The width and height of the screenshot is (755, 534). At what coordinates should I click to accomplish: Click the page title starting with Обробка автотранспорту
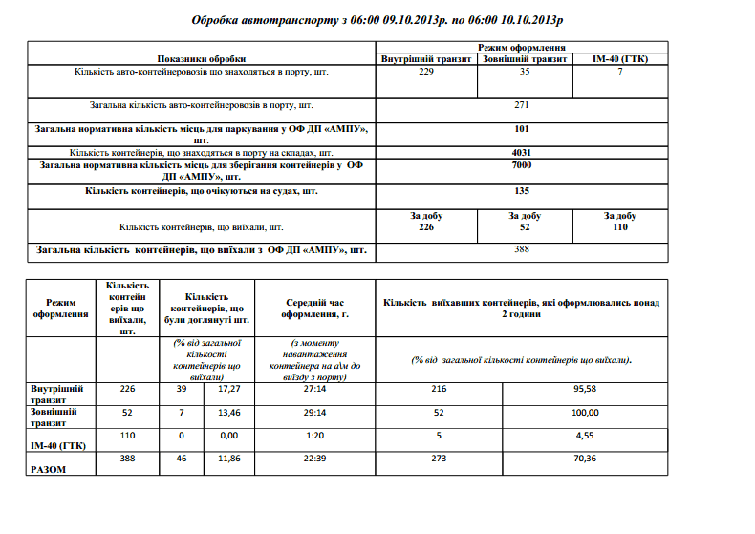(377, 19)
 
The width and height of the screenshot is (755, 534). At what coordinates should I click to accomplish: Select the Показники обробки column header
(202, 59)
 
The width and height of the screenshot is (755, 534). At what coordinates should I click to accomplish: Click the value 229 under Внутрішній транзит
(426, 72)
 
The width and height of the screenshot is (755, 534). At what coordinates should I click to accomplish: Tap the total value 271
(522, 105)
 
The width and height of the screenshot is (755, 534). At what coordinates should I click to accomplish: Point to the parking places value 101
(522, 129)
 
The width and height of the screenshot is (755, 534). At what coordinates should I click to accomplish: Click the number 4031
(522, 152)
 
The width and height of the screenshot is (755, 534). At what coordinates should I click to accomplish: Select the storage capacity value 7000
(522, 165)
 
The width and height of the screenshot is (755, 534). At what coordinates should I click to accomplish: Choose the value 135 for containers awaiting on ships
(522, 191)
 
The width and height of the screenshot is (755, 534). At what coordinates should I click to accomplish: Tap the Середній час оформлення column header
(315, 309)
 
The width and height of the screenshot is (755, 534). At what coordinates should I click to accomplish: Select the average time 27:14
(315, 390)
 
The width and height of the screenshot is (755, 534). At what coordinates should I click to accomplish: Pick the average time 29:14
(315, 413)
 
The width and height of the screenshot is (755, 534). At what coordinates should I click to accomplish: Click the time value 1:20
(315, 436)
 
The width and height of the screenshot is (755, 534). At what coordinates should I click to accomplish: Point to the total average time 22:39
(315, 459)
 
